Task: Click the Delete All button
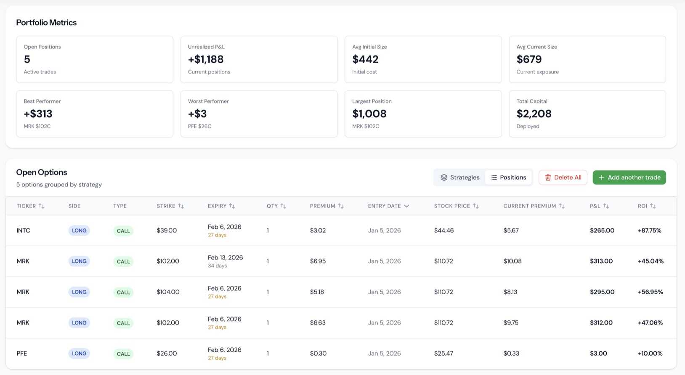tap(563, 177)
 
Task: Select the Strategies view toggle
tap(460, 177)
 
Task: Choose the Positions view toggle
tap(508, 177)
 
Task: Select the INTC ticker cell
tap(24, 230)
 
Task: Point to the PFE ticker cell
tap(22, 354)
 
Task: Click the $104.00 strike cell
tap(168, 292)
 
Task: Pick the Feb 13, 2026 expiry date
tap(225, 258)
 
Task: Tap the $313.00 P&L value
tap(601, 261)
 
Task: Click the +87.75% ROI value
tap(649, 230)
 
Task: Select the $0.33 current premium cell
tap(511, 354)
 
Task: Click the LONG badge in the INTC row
tap(79, 230)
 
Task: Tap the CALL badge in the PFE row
tap(123, 354)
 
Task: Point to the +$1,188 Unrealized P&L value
tap(206, 59)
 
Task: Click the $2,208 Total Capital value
tap(534, 114)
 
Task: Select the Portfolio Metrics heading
tap(46, 23)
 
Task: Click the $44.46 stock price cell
tap(444, 230)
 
